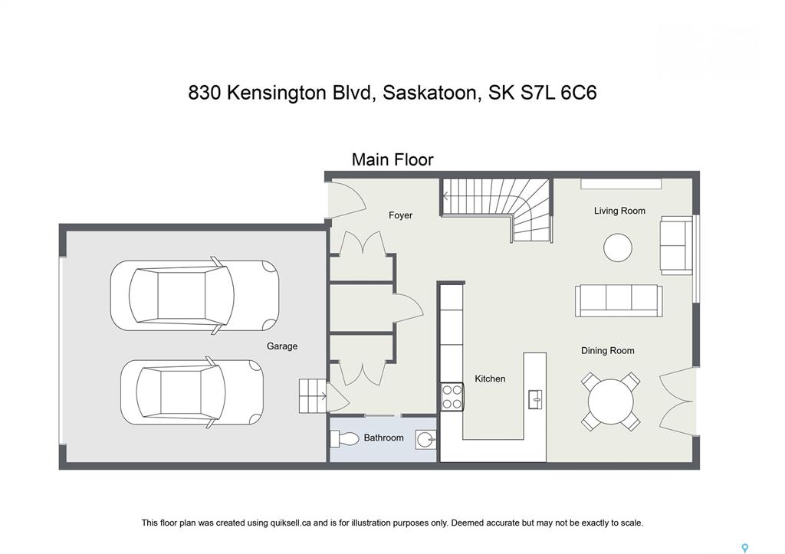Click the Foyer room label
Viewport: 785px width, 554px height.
click(400, 215)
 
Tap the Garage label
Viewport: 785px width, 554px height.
click(282, 346)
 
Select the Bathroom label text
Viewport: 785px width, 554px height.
click(383, 438)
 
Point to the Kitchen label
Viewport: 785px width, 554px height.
click(490, 379)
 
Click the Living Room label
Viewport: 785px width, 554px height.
click(619, 211)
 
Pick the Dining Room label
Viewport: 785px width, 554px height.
click(607, 351)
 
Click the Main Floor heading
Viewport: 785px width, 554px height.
click(392, 159)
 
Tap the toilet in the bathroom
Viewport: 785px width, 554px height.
click(345, 439)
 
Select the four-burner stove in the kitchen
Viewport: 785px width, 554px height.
click(452, 396)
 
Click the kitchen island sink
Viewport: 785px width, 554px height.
click(535, 399)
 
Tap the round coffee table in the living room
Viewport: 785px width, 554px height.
click(618, 247)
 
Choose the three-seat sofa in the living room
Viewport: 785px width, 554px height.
click(619, 301)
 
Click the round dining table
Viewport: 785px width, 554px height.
click(611, 402)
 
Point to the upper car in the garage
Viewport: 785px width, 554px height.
click(195, 295)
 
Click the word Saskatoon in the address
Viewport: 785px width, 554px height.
click(429, 93)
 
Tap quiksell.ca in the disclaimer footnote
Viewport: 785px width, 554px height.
click(291, 523)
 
